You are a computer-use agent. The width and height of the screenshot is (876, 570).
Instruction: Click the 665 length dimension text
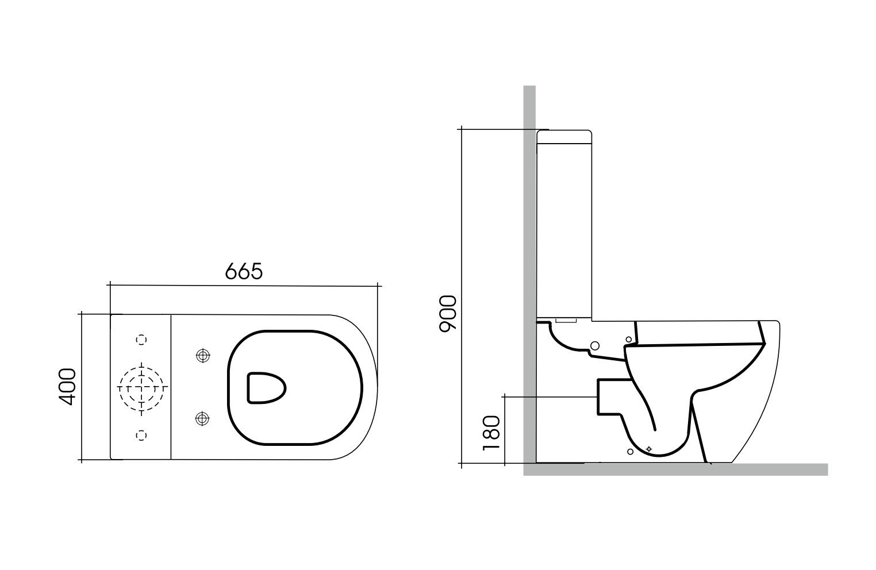click(x=243, y=271)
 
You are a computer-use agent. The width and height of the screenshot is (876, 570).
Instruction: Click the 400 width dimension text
click(x=68, y=387)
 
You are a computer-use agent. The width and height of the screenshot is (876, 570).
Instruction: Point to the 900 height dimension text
click(x=447, y=314)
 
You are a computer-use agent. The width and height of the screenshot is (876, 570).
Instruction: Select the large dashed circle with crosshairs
click(x=141, y=387)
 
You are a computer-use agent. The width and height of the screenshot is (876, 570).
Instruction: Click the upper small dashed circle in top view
click(x=141, y=340)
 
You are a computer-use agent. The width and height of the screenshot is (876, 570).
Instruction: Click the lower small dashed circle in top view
click(x=141, y=435)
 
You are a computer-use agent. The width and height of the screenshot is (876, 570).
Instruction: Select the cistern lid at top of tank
click(x=564, y=137)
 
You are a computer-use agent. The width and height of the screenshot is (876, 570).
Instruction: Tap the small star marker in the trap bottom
click(x=649, y=448)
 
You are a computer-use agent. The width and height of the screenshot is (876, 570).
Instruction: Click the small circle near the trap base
click(x=630, y=452)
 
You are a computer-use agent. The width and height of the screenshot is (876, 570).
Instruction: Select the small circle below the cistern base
click(x=595, y=345)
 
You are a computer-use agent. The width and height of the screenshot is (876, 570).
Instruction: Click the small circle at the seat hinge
click(x=629, y=340)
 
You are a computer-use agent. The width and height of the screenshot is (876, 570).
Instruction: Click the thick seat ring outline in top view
click(x=230, y=387)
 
